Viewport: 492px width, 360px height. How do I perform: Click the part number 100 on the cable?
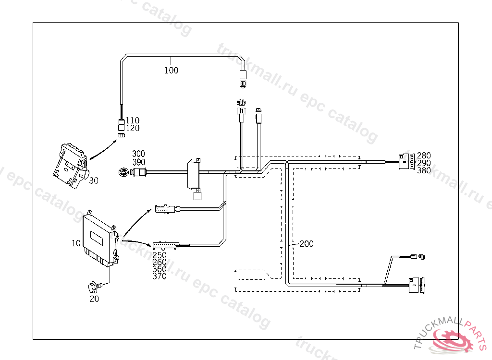[171, 71]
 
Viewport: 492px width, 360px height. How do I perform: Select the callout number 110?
[133, 120]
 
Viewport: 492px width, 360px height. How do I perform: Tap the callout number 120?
[133, 128]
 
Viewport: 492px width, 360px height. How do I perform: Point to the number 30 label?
[94, 180]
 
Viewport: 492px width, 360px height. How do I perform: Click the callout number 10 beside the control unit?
[76, 243]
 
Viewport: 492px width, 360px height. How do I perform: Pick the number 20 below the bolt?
[94, 299]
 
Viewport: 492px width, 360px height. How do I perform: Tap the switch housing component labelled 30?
[71, 163]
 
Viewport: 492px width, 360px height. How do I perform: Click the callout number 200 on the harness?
[307, 244]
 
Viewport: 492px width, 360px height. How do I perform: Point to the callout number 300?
[138, 154]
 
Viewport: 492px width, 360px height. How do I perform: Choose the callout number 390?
[138, 162]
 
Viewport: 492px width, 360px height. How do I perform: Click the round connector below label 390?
[124, 172]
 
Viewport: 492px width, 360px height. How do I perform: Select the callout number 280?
[424, 156]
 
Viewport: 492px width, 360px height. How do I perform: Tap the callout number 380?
[424, 170]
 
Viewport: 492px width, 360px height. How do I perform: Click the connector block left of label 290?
[406, 161]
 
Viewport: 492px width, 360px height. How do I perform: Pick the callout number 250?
[160, 255]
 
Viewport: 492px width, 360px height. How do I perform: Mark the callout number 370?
[160, 276]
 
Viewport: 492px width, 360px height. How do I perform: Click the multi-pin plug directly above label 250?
[164, 245]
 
